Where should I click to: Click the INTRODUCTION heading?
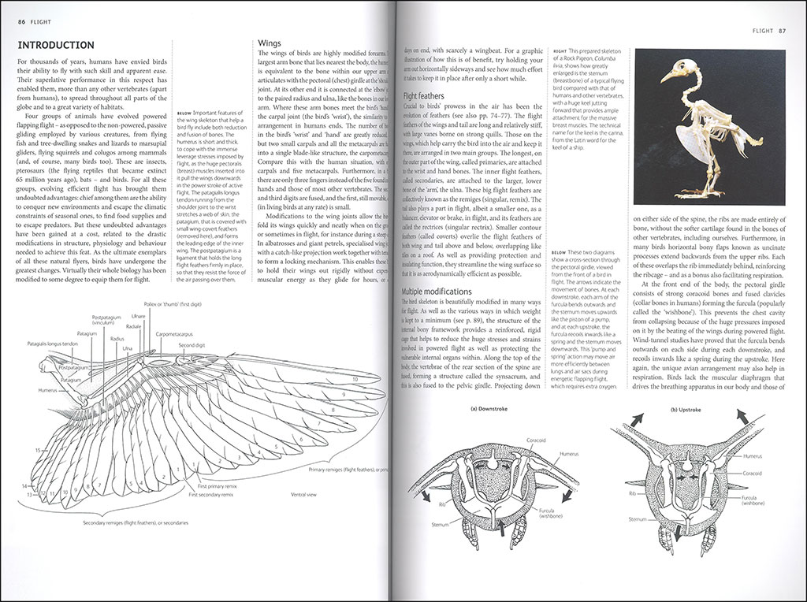pos(56,45)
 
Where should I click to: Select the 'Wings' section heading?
pos(271,45)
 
